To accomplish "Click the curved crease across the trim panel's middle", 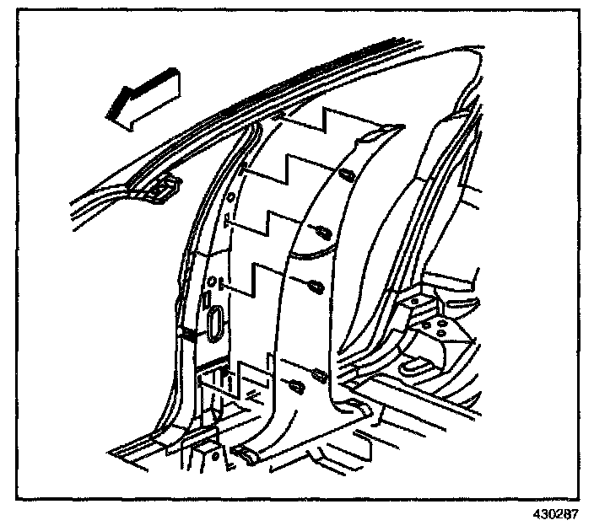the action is [312, 249].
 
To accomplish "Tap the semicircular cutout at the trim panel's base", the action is [358, 409].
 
